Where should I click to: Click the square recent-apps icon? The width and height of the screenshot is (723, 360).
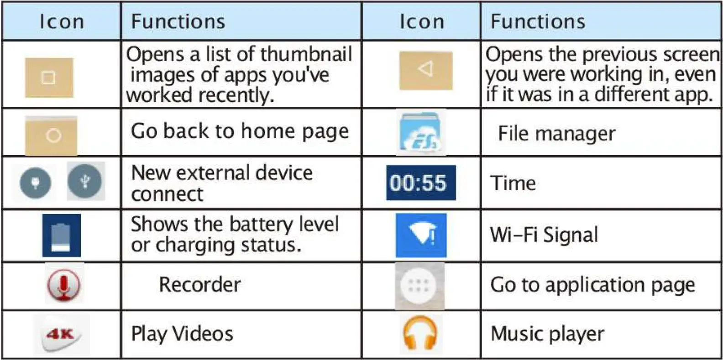click(49, 78)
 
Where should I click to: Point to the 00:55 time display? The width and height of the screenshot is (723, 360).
click(420, 183)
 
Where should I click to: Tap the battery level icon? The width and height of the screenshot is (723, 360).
click(61, 235)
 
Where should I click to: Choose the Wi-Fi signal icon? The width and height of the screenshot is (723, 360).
click(421, 235)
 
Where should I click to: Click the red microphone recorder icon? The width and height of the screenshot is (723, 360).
click(64, 284)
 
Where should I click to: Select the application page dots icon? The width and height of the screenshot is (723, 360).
click(419, 286)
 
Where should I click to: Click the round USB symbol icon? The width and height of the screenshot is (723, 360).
click(85, 182)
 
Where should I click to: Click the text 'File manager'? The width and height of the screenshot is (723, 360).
click(556, 134)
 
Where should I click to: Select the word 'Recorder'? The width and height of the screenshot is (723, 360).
click(199, 285)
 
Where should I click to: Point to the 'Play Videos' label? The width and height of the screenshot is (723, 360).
click(182, 334)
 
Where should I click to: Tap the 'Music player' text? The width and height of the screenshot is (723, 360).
click(547, 334)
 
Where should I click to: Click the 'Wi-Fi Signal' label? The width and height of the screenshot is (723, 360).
click(544, 235)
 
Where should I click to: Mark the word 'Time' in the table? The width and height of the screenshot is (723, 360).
click(513, 183)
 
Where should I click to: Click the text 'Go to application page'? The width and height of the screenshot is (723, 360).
click(592, 285)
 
